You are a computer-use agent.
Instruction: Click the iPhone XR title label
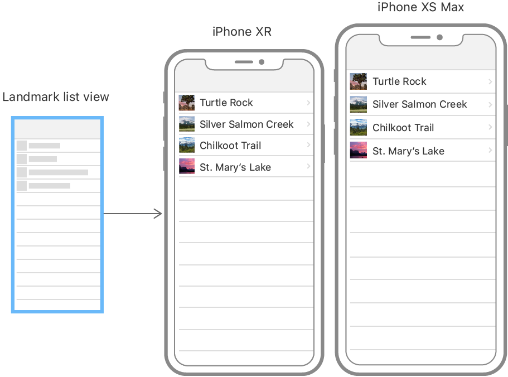242,32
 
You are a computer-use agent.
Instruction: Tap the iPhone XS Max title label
420,7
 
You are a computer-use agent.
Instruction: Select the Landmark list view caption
56,97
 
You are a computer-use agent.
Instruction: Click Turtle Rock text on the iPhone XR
226,103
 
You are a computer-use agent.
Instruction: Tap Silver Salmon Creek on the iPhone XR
246,124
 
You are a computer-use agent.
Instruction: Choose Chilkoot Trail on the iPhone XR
230,146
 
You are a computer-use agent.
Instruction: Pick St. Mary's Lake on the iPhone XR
235,167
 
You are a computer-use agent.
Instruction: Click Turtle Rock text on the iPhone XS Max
399,81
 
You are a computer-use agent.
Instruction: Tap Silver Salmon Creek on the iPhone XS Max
420,104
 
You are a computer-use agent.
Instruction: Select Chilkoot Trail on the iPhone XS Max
403,128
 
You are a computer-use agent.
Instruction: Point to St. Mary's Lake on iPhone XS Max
408,151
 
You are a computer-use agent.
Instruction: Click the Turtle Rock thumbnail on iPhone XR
187,103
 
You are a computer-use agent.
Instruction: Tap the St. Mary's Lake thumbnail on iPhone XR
187,167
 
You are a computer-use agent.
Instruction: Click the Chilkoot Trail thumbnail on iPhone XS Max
358,128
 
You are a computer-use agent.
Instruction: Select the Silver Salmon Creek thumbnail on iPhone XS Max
358,104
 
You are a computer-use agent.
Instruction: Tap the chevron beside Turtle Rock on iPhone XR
308,103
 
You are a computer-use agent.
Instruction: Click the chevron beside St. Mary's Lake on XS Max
490,151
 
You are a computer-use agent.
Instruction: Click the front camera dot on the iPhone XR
262,62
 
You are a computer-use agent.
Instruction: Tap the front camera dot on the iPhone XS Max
440,37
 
